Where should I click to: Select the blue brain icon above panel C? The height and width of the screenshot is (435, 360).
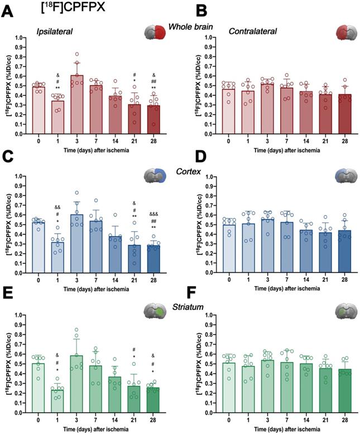pos(158,176)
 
